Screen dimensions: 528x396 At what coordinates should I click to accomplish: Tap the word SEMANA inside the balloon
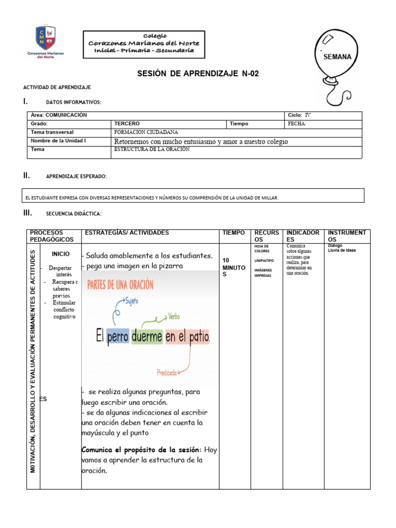337,57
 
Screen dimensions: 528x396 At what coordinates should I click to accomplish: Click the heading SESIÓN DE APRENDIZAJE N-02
198,74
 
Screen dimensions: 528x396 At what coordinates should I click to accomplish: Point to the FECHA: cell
296,124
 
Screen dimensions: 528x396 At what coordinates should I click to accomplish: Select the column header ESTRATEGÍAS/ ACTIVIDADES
127,233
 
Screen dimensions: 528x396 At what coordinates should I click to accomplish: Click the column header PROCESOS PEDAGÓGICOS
52,236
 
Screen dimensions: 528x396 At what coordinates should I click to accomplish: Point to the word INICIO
61,254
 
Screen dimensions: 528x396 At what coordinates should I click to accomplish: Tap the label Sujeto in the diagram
131,300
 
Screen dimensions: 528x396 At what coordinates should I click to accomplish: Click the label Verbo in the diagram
174,316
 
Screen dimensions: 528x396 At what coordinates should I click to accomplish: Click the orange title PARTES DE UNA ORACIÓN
120,285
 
